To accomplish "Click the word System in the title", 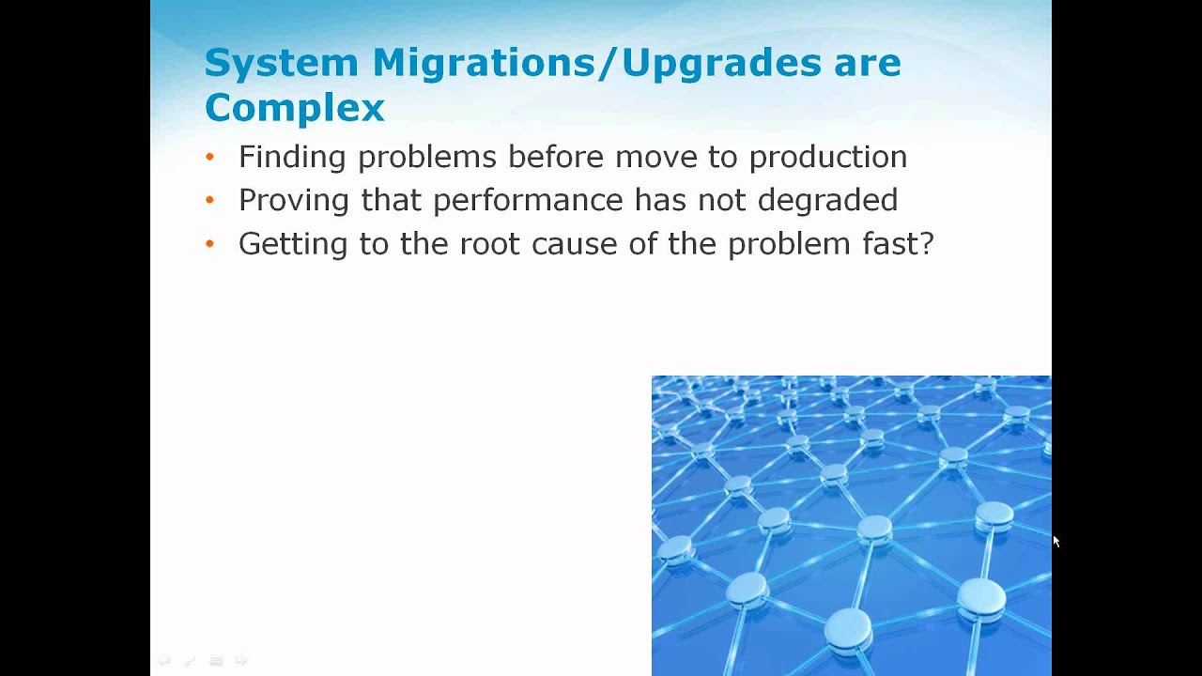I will (281, 63).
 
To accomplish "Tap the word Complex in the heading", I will (294, 108).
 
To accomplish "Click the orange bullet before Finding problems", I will (209, 157).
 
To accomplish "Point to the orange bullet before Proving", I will (209, 200).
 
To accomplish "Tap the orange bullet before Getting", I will (209, 244).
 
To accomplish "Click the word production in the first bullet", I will (827, 157).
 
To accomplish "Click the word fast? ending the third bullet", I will (898, 244).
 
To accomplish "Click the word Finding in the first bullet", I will (292, 157).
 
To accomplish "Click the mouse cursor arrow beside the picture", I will (1056, 542).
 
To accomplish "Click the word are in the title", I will (867, 63).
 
